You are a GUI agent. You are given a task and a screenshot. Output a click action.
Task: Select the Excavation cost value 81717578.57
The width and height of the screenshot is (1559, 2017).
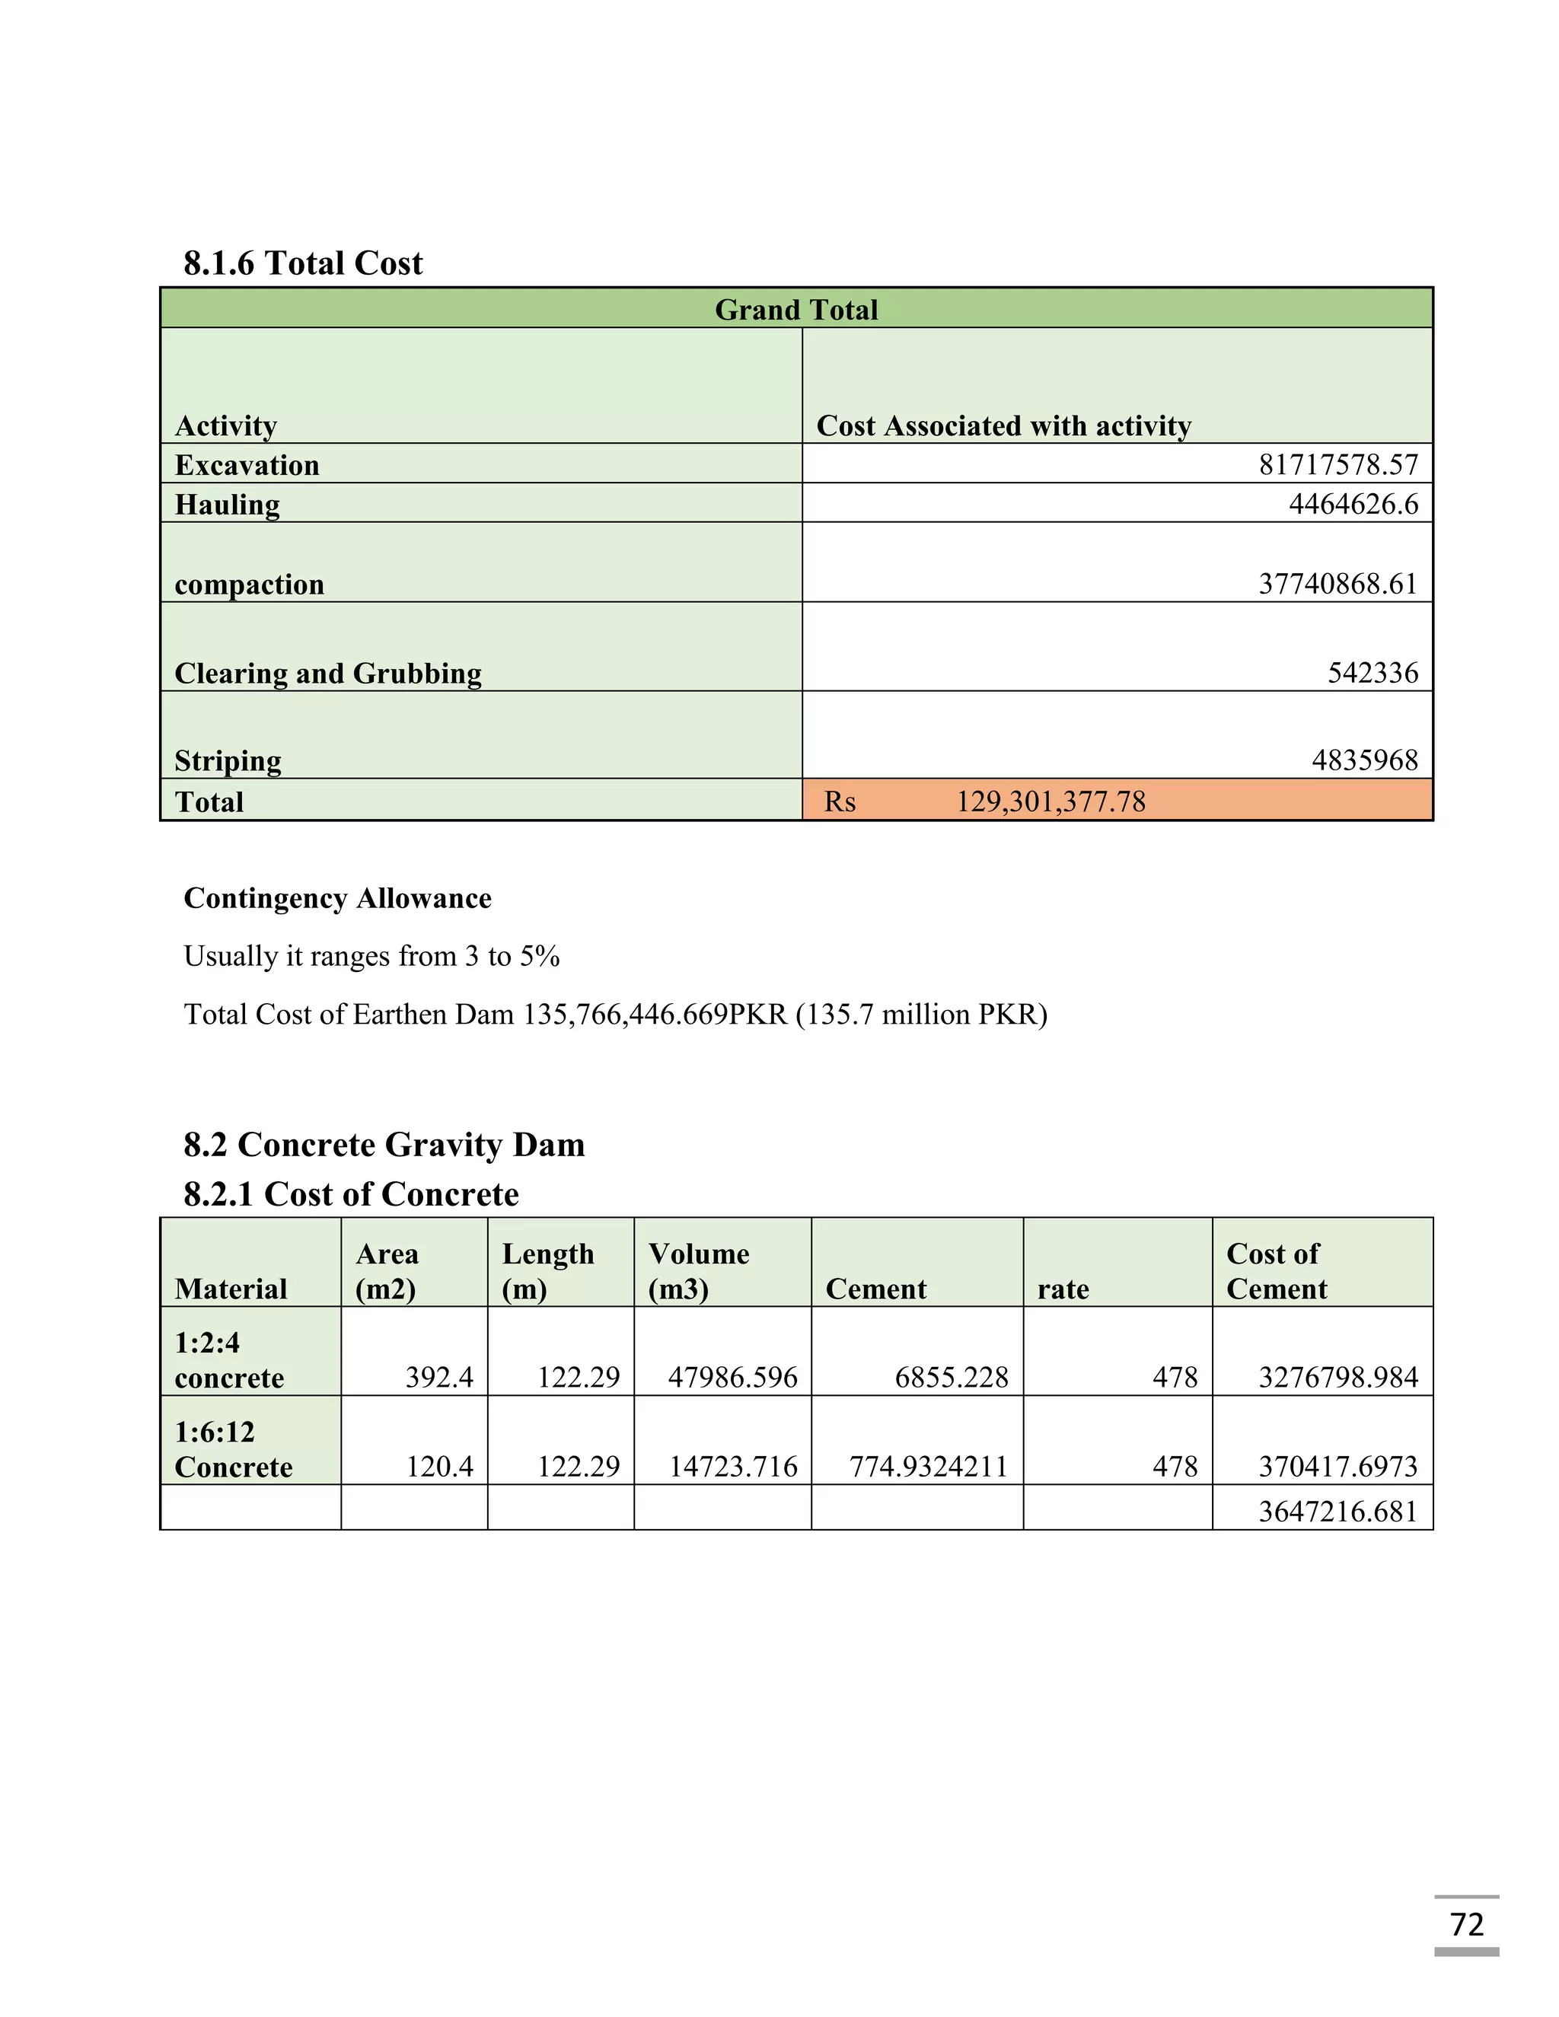point(1337,464)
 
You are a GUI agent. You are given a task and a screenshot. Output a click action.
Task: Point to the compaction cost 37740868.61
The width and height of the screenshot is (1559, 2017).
point(1337,584)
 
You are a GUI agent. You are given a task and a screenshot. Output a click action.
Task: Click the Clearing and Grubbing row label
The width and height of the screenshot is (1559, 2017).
point(328,674)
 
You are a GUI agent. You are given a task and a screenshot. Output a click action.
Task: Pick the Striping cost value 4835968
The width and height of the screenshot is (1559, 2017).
point(1364,760)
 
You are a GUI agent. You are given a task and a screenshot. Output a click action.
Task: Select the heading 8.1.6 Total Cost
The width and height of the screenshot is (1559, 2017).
point(303,263)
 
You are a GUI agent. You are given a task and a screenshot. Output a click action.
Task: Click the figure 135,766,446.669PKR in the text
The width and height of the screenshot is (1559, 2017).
point(655,1015)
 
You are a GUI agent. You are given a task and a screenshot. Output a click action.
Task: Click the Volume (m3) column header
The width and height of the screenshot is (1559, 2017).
point(698,1271)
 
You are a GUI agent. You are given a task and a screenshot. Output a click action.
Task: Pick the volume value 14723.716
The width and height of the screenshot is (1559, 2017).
point(732,1467)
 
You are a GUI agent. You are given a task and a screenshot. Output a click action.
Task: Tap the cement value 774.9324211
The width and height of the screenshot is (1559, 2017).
point(927,1467)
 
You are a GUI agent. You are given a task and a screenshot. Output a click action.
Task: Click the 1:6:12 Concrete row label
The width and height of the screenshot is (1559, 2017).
point(233,1449)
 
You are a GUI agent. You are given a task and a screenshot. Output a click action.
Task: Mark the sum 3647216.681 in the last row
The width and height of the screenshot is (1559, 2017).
point(1337,1512)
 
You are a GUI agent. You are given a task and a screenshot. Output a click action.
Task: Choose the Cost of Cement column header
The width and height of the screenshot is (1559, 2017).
point(1276,1271)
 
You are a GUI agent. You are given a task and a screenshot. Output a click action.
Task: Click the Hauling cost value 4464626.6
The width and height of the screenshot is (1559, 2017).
point(1353,504)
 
